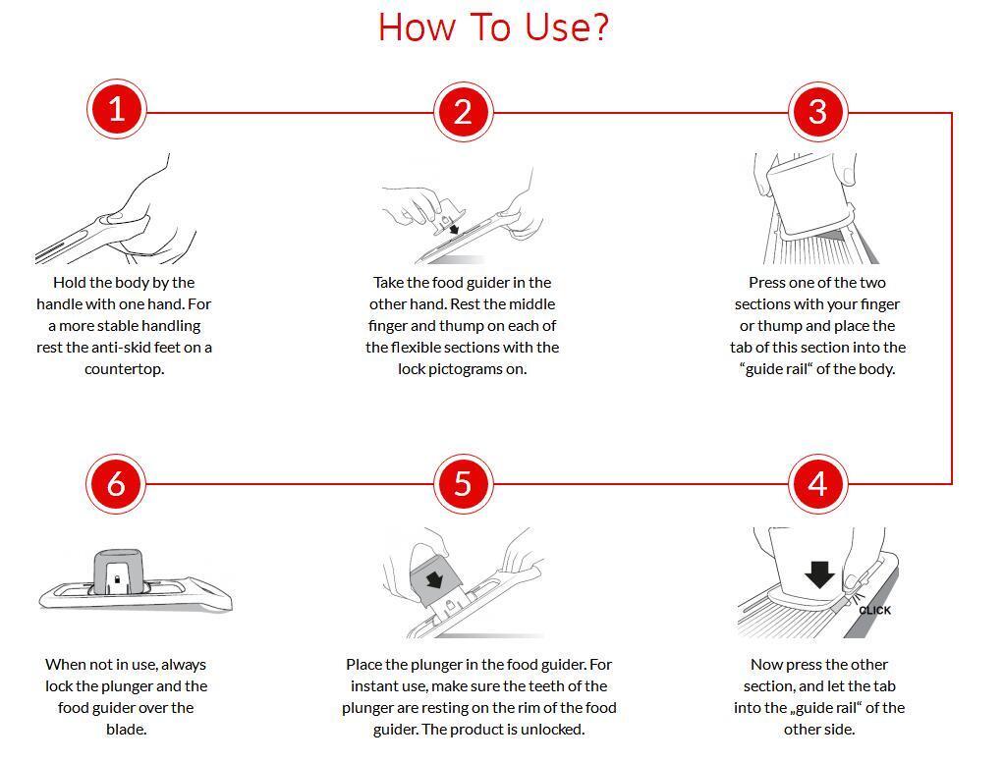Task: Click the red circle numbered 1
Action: [117, 109]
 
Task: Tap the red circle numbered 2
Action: [463, 112]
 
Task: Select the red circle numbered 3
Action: [817, 112]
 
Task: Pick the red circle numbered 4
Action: [817, 484]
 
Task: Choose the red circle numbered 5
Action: [463, 484]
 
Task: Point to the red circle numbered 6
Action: [116, 484]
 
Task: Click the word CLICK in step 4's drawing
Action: [874, 610]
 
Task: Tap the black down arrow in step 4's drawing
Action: [819, 574]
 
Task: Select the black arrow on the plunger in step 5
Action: [435, 580]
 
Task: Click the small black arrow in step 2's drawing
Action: [454, 229]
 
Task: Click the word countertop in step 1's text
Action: [124, 369]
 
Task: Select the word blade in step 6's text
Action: [125, 729]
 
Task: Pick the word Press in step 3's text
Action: [766, 282]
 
